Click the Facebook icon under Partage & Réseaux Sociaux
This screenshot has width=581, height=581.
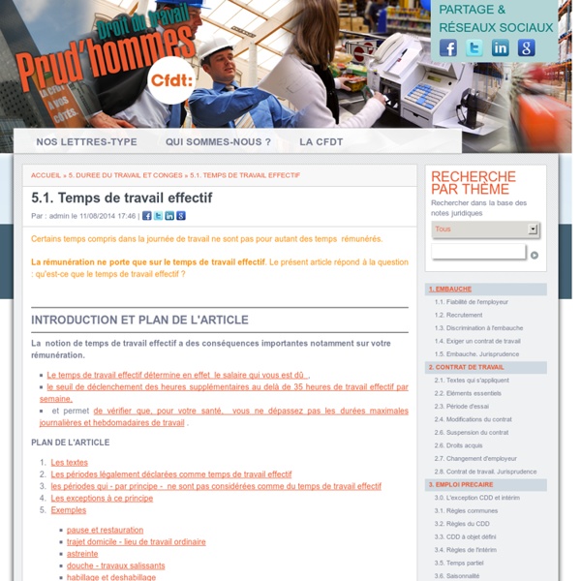click(448, 47)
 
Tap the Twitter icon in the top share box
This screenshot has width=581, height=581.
click(474, 47)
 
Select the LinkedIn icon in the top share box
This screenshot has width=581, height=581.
click(501, 47)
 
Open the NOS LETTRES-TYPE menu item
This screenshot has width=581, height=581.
click(86, 141)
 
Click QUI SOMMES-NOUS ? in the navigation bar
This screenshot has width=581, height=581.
click(218, 141)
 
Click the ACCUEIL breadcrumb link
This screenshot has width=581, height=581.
click(46, 175)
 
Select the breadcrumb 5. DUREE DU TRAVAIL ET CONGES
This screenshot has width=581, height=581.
click(125, 175)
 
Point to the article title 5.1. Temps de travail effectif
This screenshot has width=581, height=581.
click(121, 198)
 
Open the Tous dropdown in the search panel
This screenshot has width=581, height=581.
click(484, 229)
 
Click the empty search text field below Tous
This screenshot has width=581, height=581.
click(478, 253)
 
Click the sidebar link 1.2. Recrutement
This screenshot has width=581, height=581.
click(459, 315)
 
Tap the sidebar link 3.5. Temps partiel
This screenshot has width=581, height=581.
click(460, 563)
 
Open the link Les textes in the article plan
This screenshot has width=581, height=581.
click(69, 463)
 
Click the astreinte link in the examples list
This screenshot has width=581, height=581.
click(82, 554)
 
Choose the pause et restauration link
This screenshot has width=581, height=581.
click(105, 530)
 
